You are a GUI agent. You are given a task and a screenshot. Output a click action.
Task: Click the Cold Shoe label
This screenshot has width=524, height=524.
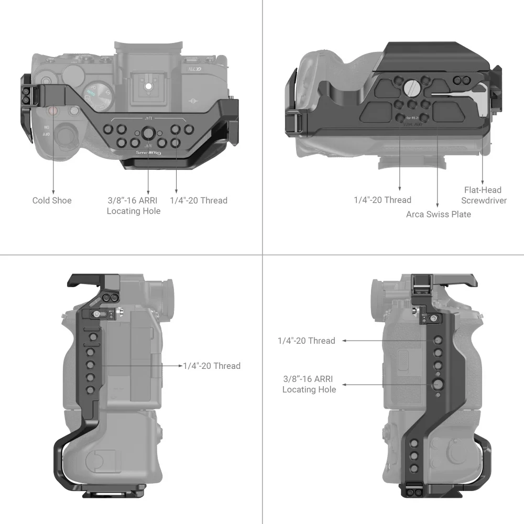(x=52, y=200)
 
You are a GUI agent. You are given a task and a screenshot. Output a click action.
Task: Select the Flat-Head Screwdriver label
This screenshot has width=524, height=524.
(x=483, y=195)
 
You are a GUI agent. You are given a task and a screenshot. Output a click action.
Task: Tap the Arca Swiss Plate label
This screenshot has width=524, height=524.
(x=438, y=214)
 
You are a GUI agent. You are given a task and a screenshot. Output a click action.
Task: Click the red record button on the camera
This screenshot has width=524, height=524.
(x=52, y=111)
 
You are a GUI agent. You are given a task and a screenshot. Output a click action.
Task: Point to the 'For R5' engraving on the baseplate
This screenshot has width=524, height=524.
(x=410, y=118)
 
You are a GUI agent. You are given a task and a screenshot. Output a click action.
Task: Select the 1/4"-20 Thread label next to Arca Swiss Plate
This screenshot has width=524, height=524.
(x=382, y=200)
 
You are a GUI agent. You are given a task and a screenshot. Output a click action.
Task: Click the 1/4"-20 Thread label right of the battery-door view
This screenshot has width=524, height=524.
(x=212, y=366)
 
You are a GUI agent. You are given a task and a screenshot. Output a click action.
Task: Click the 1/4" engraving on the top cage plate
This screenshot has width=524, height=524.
(x=148, y=120)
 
